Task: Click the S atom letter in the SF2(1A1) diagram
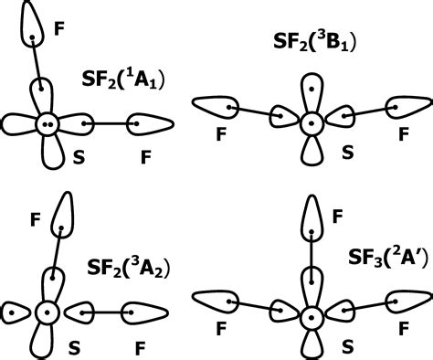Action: (79, 157)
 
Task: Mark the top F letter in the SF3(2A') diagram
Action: (338, 216)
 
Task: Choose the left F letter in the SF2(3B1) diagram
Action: (220, 135)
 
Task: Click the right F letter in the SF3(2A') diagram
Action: (403, 323)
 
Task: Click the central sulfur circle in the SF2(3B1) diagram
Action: (312, 121)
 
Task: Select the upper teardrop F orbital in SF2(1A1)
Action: (32, 27)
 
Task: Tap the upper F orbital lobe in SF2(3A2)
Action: (62, 216)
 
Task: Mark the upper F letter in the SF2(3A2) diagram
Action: (35, 219)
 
